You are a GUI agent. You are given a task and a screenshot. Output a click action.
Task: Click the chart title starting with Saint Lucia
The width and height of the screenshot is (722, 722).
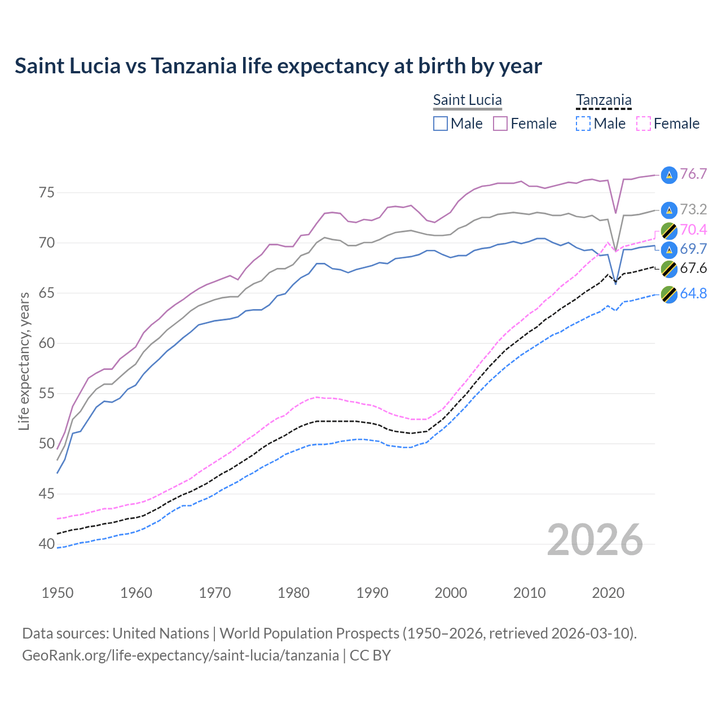278,66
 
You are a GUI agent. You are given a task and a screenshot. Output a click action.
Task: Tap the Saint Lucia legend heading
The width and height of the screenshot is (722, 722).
467,100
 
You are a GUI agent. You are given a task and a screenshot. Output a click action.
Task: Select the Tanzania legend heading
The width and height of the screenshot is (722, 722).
604,100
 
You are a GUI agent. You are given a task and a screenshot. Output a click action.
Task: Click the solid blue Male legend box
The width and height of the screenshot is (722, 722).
441,124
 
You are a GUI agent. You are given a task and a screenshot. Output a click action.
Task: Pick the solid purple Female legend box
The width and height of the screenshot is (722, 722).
500,124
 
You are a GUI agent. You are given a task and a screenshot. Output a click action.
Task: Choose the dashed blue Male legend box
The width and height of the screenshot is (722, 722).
583,124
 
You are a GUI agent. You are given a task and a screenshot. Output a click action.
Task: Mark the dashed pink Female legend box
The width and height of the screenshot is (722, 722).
644,124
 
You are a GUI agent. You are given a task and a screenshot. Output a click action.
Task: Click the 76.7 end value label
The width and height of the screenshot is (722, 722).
693,174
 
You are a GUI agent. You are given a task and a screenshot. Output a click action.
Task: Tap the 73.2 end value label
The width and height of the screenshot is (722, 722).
693,209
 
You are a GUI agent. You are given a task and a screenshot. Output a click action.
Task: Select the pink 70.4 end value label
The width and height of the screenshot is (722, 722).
693,230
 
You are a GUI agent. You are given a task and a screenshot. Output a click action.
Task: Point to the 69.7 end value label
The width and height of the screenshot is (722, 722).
693,249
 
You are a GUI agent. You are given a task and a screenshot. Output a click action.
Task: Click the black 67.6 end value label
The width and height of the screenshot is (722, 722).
693,268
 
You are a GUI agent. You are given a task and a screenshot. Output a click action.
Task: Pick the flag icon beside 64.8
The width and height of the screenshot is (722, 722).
669,294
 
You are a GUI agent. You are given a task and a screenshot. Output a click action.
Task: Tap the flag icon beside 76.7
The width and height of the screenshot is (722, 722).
669,175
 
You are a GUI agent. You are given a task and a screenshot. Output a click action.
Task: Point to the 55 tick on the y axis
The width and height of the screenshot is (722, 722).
47,393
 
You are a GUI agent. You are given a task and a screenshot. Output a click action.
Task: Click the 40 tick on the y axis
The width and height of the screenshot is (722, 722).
47,544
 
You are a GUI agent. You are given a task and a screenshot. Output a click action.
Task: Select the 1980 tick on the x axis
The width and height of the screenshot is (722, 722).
293,593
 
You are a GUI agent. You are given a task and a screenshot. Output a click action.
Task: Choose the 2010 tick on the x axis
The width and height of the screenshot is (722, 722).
529,593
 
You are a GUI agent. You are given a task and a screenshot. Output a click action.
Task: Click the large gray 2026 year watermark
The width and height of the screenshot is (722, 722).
595,540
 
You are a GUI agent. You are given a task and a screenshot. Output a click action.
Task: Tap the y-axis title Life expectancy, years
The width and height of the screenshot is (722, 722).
24,361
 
